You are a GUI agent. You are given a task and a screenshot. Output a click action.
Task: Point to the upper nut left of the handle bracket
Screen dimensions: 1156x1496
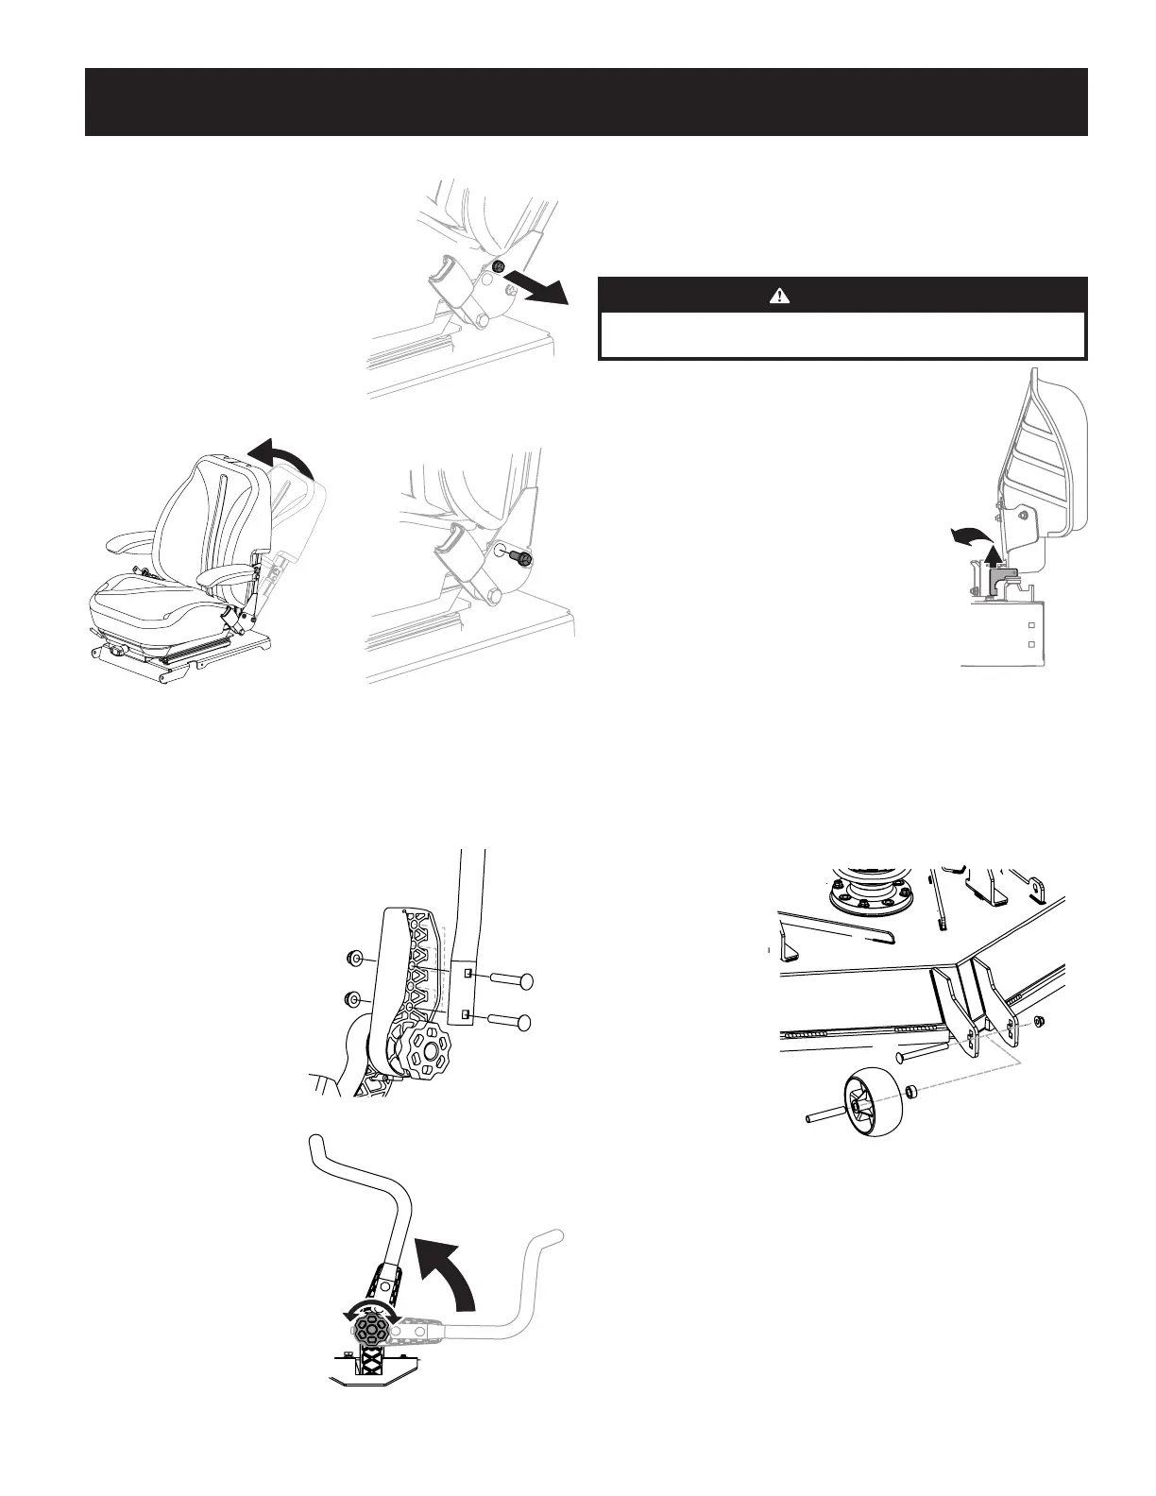[x=356, y=960]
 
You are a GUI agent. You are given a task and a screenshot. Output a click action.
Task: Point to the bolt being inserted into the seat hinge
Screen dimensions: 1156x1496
[x=517, y=558]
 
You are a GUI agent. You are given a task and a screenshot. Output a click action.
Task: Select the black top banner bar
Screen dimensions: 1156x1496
[x=586, y=101]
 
